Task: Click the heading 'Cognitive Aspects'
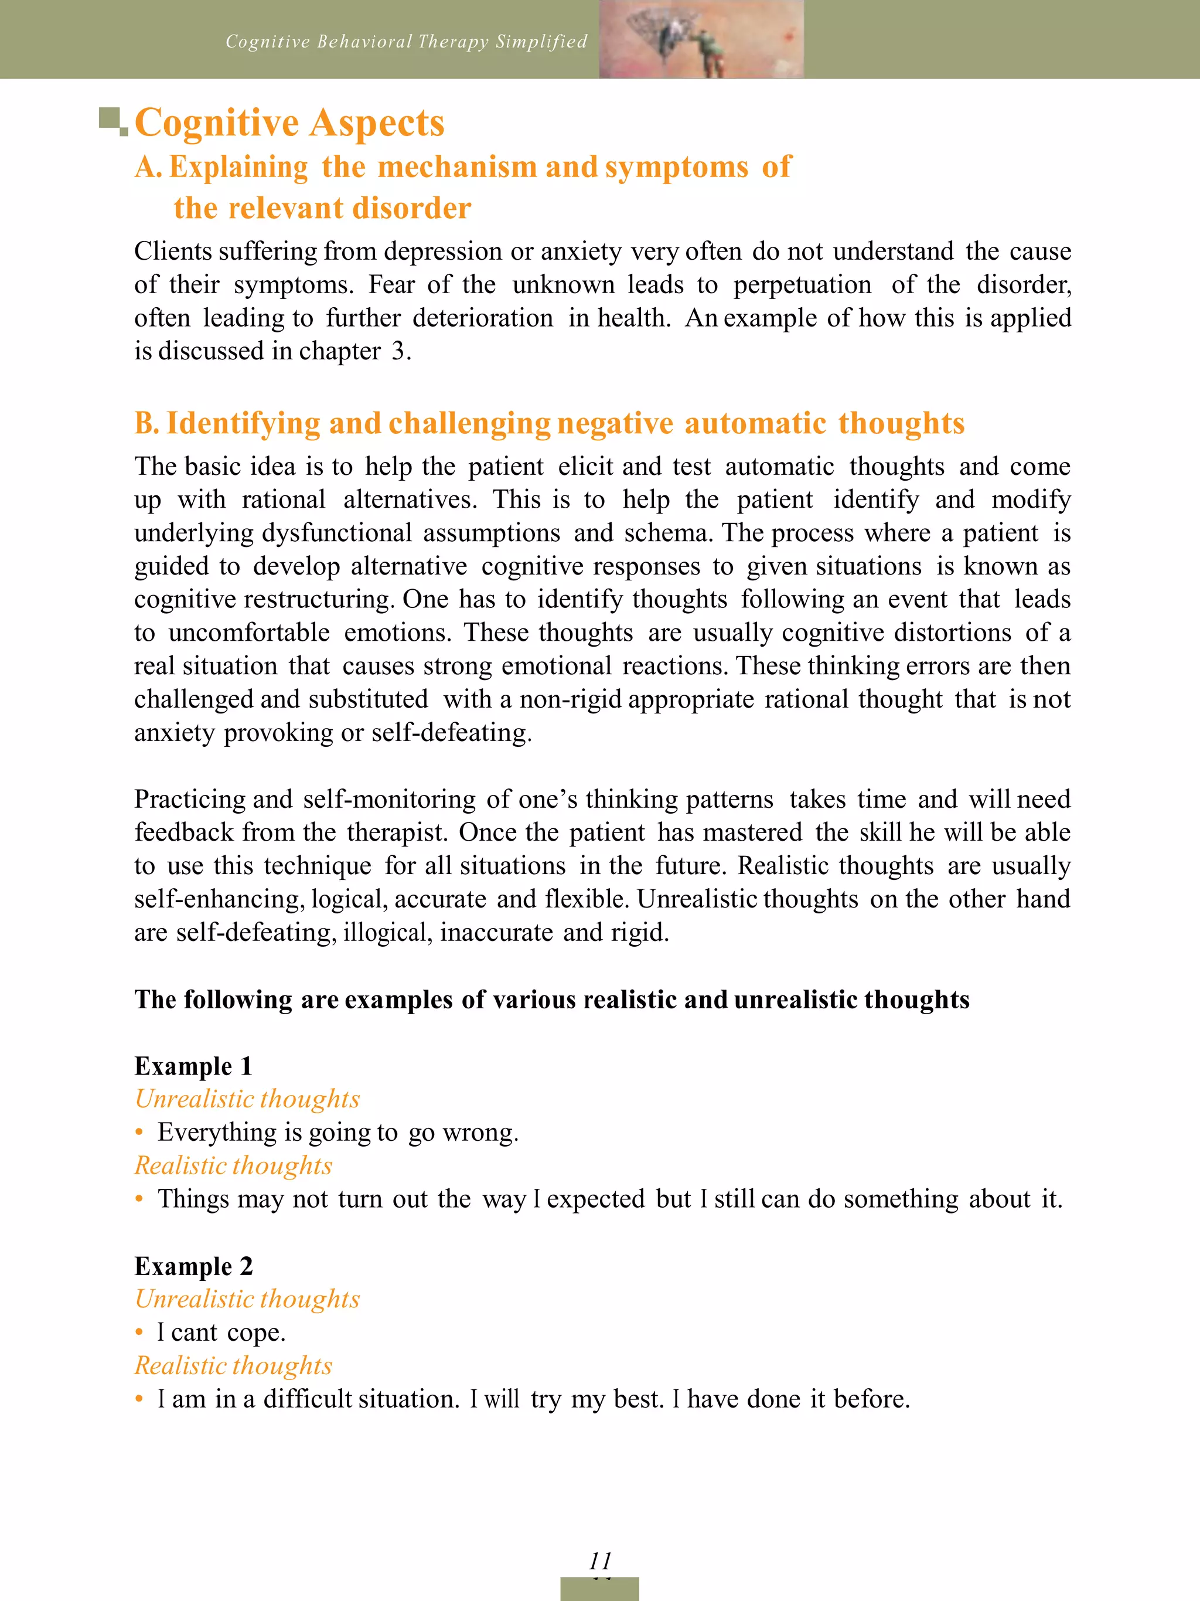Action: [x=289, y=123]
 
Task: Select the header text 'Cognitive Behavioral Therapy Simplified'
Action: [x=406, y=42]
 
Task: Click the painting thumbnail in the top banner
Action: [x=701, y=39]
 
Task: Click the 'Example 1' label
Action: [x=193, y=1066]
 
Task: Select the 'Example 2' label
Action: [x=193, y=1266]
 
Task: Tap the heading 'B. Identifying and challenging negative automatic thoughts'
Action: [x=549, y=423]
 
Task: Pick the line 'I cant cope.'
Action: [x=221, y=1333]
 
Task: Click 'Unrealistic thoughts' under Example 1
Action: [x=247, y=1099]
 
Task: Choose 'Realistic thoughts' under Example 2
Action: [x=233, y=1366]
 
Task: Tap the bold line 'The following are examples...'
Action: [x=551, y=1000]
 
